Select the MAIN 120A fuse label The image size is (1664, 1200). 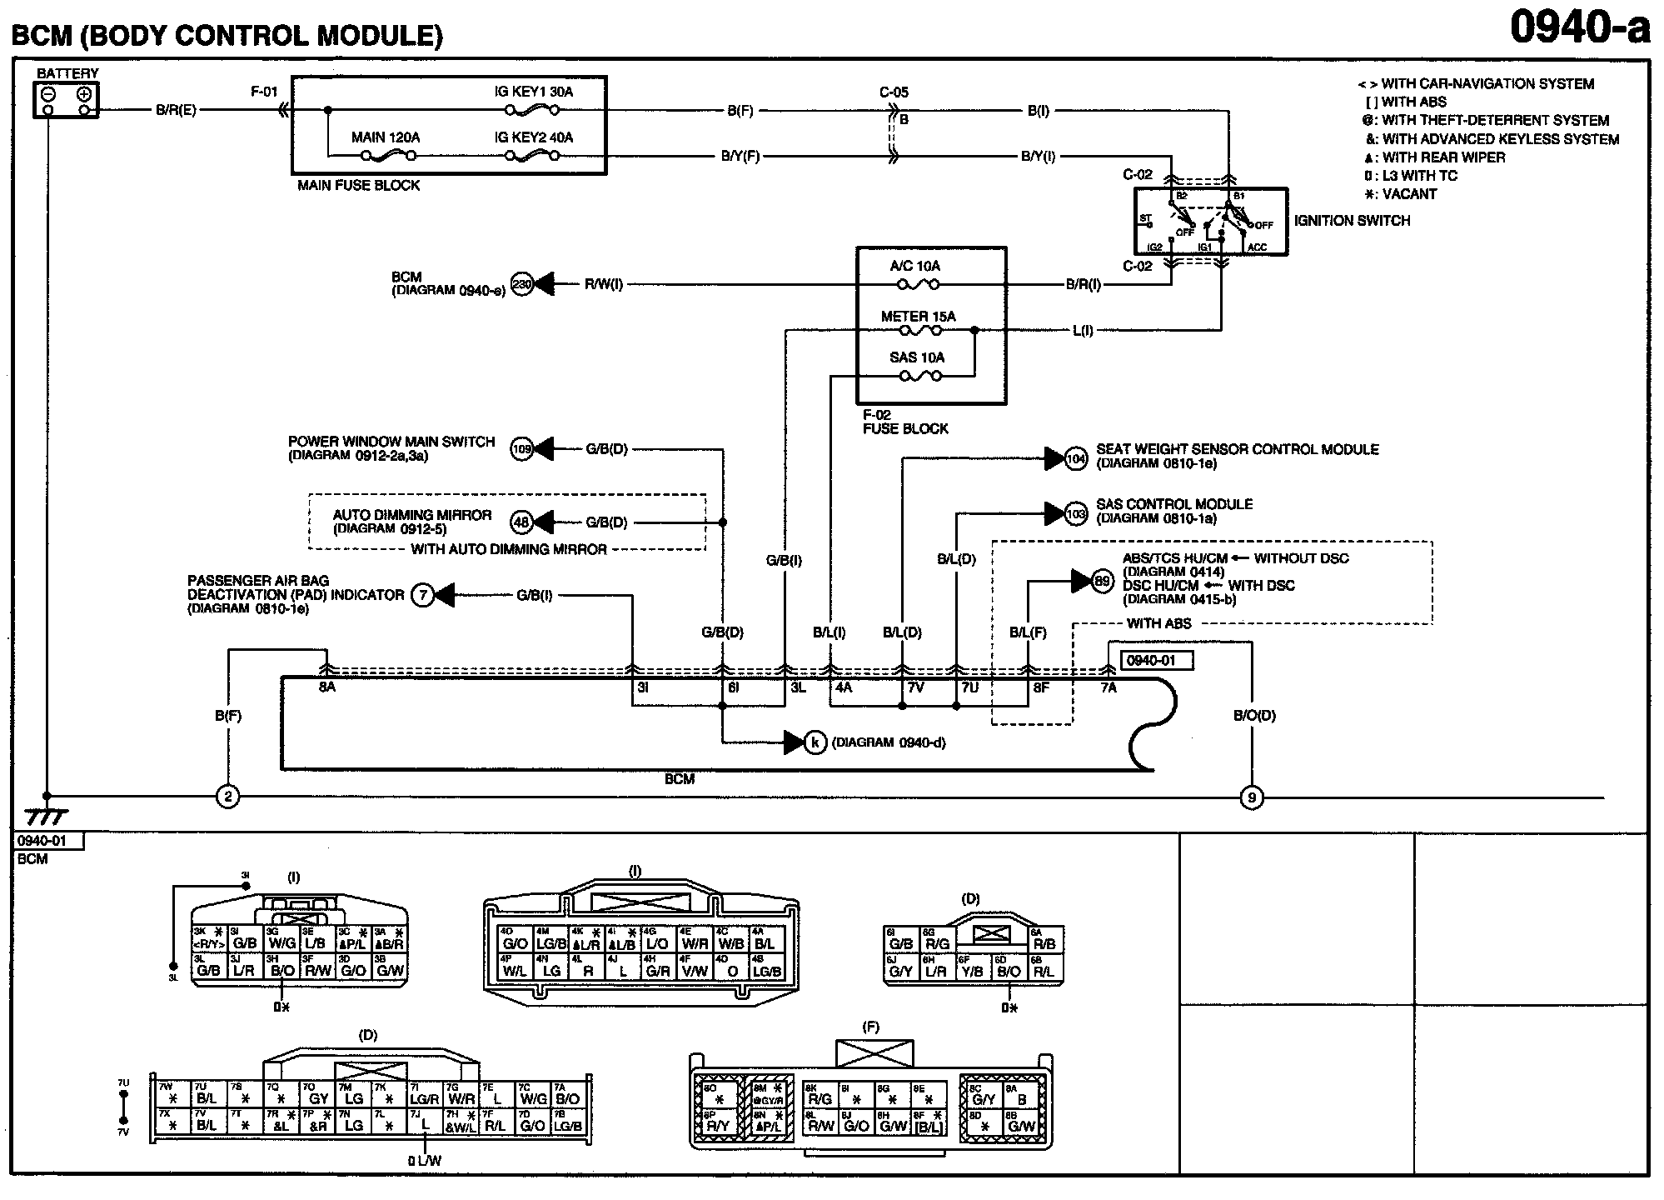386,137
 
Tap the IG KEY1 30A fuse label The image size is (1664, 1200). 533,92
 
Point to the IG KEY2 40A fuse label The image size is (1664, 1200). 533,137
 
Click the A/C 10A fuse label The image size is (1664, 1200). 914,267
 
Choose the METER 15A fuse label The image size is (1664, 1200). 918,317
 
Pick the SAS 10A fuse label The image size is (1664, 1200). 916,357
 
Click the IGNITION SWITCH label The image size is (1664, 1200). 1352,221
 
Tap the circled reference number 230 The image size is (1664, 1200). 521,285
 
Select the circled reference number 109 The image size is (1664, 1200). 521,449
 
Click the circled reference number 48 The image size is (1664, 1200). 521,522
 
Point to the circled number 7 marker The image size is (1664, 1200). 423,595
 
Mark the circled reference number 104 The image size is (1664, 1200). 1076,458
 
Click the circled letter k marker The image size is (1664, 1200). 815,742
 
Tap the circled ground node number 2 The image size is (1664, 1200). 227,797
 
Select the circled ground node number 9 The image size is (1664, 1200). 1251,798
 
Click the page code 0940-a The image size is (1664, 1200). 1579,28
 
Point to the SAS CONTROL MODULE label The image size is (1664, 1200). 1174,504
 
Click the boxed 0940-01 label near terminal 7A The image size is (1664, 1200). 1157,661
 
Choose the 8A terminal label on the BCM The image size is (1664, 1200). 326,688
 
